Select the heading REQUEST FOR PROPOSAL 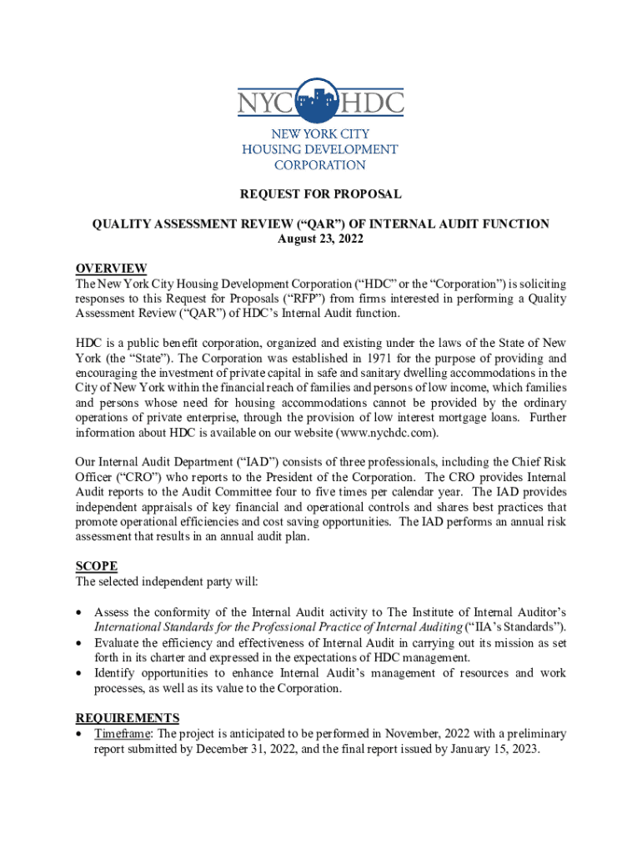click(x=321, y=194)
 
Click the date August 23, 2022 click(x=320, y=239)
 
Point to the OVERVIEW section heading click(x=111, y=269)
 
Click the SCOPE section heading click(x=97, y=566)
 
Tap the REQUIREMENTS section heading click(x=128, y=718)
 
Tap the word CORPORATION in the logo click(x=320, y=165)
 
